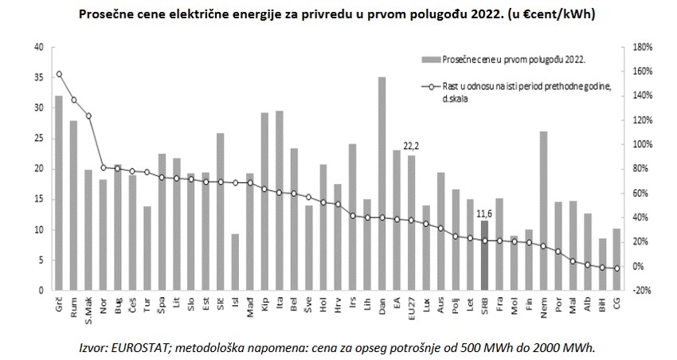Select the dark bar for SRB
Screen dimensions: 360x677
coord(484,256)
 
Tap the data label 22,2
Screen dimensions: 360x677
coord(411,146)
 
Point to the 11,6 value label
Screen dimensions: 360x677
coord(484,212)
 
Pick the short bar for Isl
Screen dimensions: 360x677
coord(234,262)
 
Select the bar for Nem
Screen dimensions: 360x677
coord(543,211)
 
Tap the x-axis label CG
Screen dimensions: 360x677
coord(616,302)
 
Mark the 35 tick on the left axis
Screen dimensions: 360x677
coord(38,77)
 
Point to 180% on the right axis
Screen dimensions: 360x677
coord(642,47)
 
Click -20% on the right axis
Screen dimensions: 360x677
coord(642,291)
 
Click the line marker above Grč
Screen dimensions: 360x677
coord(58,74)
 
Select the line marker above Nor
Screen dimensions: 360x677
coord(103,167)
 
